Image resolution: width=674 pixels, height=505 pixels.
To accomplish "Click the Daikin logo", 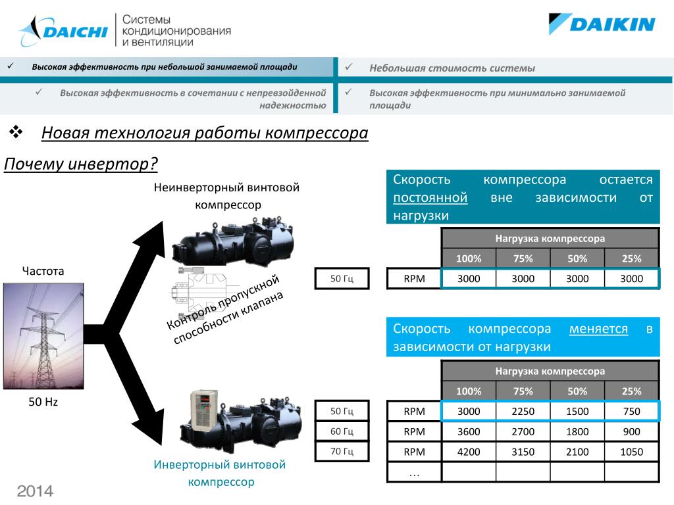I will pos(602,25).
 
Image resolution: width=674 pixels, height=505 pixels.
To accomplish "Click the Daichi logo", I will pos(63,30).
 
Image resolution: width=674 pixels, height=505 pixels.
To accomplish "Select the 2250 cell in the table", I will pos(523,412).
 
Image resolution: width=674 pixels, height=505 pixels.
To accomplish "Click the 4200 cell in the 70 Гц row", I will pos(469,452).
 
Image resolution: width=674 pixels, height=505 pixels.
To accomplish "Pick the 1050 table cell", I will pos(631,452).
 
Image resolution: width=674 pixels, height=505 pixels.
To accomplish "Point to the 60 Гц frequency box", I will pos(342,431).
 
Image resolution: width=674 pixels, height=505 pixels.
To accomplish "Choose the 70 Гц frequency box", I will pos(342,452).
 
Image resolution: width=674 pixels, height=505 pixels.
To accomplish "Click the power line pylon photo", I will pos(43,335).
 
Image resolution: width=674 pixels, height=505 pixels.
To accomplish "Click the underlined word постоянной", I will pos(430,198).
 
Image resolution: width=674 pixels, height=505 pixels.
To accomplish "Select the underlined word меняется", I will pos(598,329).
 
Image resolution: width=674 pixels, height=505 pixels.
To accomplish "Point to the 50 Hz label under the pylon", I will pos(43,402).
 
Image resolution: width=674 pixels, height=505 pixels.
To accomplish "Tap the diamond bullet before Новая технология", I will pos(16,133).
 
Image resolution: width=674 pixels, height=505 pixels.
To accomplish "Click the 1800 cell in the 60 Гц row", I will pos(577,432).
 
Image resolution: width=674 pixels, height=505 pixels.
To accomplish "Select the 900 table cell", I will pos(631,432).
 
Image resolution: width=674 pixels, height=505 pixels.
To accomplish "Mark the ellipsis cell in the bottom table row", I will pos(414,472).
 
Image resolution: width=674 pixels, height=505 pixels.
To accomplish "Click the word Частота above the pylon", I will pos(43,271).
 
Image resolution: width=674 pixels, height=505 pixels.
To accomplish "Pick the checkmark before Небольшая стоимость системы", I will pos(350,67).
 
